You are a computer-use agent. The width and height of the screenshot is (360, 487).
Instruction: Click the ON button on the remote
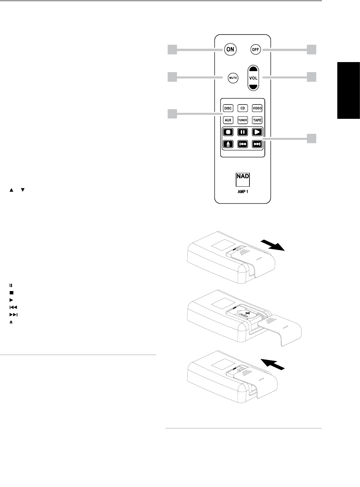(x=230, y=49)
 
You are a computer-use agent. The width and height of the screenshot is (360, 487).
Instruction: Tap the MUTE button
(x=232, y=78)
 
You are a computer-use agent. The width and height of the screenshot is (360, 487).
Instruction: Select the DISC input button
(x=228, y=108)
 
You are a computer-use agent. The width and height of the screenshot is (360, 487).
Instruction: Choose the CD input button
(x=242, y=108)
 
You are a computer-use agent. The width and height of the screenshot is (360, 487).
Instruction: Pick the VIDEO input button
(x=257, y=108)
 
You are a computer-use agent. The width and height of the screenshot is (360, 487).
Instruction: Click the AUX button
(x=228, y=120)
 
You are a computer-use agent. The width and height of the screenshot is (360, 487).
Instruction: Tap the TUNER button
(x=242, y=120)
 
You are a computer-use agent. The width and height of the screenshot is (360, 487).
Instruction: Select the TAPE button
(x=257, y=120)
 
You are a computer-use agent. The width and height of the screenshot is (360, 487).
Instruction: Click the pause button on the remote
(x=242, y=132)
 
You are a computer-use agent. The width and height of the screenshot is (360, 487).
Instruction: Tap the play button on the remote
(x=257, y=132)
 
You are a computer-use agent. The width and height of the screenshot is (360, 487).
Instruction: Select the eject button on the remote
(x=228, y=144)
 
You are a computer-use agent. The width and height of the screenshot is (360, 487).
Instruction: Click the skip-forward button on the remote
(x=257, y=144)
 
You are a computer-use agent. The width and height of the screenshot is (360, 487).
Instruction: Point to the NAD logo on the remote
(x=243, y=176)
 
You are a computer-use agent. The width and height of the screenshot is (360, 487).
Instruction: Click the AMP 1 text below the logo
(x=243, y=192)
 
